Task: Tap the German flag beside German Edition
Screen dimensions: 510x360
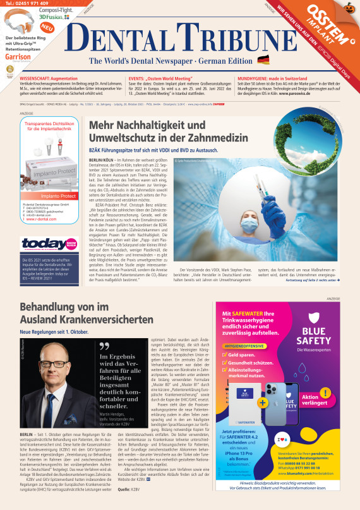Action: [x=263, y=60]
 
